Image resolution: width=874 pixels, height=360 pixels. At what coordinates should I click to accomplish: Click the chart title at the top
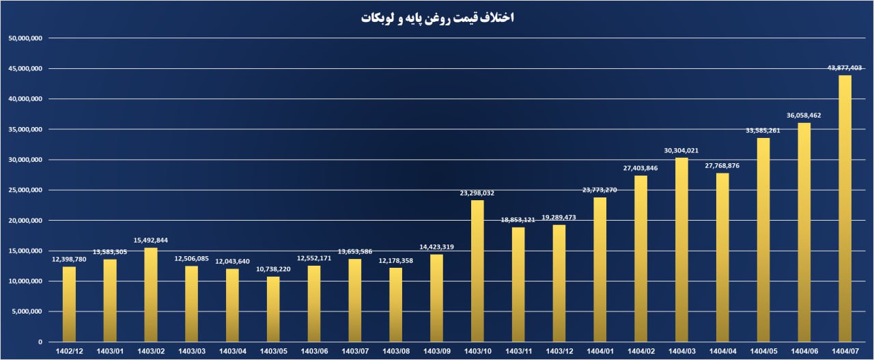point(437,18)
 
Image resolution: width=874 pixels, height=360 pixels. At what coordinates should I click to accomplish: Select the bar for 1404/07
point(845,208)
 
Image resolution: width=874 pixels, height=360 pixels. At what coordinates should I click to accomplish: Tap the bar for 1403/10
point(477,271)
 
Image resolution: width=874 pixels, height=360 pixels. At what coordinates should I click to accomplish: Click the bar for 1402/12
point(69,304)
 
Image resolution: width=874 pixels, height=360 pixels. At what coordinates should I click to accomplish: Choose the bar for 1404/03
point(681,249)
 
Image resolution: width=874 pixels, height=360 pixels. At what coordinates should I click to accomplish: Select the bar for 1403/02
point(151,294)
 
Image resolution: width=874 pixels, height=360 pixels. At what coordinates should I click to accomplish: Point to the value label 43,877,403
point(845,68)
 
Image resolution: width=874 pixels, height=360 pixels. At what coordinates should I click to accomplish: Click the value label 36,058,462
point(804,115)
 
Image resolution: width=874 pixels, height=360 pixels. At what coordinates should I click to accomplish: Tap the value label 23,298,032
point(477,193)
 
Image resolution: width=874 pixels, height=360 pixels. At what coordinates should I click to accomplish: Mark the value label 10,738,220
point(273,269)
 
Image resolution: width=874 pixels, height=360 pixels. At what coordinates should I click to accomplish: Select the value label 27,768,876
point(722,165)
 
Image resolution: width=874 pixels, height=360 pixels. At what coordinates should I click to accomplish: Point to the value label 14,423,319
point(436,247)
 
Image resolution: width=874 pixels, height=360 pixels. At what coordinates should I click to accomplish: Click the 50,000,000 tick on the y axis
point(25,38)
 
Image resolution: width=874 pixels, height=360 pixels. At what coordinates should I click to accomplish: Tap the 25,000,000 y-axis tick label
point(25,190)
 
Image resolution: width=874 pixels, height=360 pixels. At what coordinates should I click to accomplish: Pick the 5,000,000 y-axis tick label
point(28,311)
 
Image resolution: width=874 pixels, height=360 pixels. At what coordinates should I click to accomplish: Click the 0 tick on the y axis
point(40,342)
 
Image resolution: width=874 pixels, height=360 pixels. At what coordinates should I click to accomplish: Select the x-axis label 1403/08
point(396,351)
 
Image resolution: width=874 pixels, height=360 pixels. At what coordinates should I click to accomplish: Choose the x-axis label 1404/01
point(600,351)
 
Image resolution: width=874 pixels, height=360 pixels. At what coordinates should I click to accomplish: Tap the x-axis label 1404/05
point(763,351)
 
